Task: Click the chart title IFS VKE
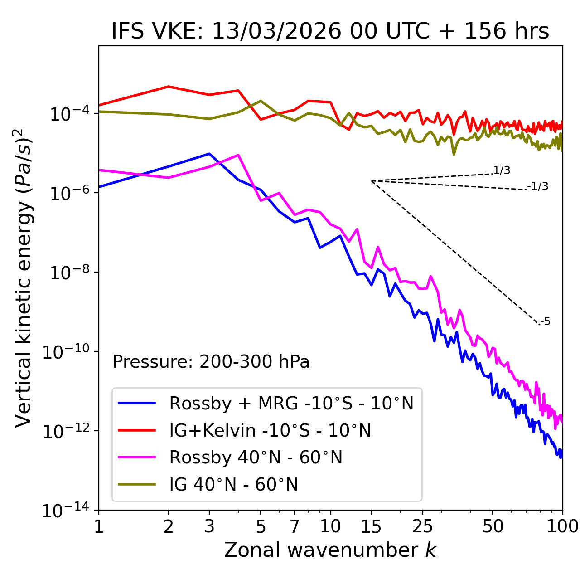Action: tap(330, 31)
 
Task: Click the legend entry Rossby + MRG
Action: tap(291, 403)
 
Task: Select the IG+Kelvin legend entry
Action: tap(270, 430)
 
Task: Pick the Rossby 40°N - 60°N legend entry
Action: tap(256, 457)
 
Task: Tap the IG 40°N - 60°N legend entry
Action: tap(233, 485)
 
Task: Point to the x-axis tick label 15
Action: tap(371, 526)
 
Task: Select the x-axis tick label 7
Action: tap(295, 526)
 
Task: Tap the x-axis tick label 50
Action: tap(493, 526)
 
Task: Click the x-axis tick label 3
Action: tap(209, 526)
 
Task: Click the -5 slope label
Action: tap(545, 322)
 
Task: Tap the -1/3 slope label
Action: tap(538, 186)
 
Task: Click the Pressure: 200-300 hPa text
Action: tap(211, 362)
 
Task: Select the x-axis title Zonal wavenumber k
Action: tap(330, 550)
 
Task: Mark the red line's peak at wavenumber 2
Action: tap(169, 86)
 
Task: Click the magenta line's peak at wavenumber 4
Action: tap(238, 155)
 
